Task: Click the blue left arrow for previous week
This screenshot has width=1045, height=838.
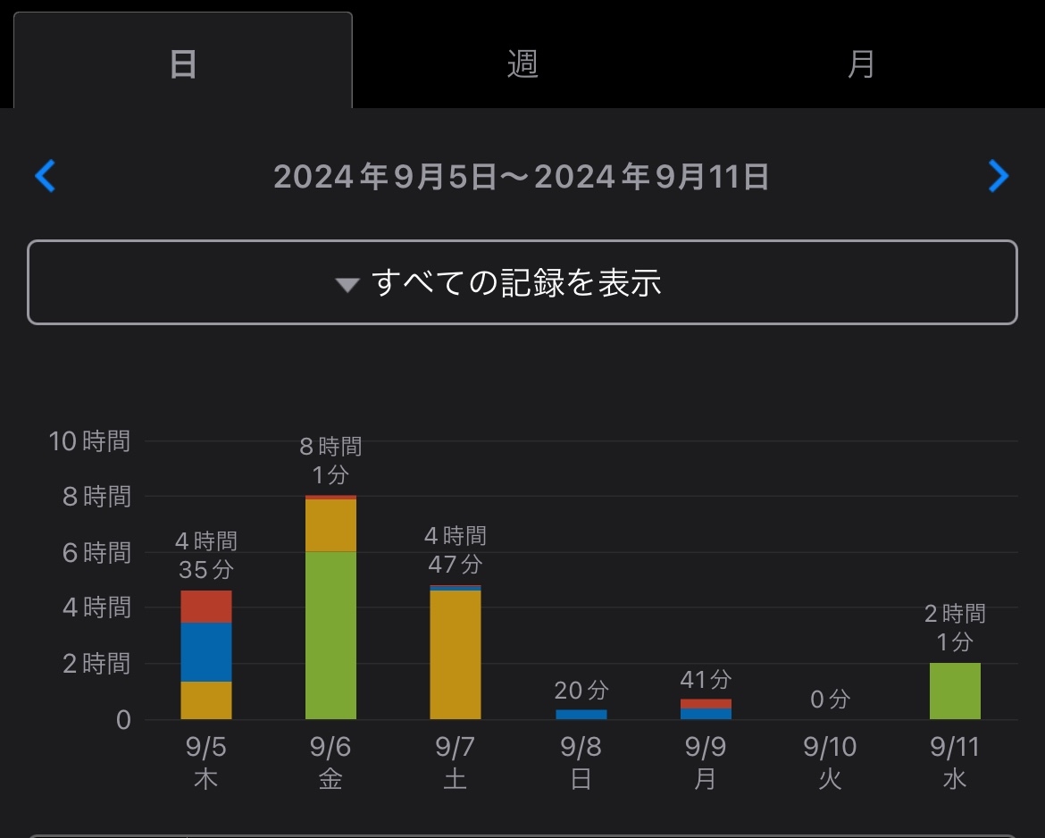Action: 45,176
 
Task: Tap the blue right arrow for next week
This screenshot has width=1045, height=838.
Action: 999,176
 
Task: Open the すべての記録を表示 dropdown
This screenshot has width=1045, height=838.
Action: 522,282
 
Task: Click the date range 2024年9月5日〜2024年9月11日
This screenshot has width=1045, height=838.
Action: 522,177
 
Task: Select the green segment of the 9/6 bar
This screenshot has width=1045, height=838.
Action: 330,635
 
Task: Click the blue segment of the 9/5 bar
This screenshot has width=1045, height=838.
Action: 206,652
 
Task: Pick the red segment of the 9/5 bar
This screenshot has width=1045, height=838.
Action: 206,607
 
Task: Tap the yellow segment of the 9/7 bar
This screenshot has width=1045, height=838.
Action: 456,655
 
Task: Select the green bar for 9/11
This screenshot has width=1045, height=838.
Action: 955,691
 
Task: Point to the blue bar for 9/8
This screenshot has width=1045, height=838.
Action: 581,715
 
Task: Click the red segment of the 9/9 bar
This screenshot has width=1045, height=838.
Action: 706,704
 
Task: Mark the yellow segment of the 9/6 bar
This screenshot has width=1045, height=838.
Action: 330,525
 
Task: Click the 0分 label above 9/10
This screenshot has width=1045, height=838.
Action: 830,700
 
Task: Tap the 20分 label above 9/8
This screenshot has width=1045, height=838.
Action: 581,690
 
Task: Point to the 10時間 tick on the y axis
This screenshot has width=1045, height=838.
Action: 89,441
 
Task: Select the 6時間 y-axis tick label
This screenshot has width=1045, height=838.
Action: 96,553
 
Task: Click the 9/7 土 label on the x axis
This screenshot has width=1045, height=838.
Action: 456,762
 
